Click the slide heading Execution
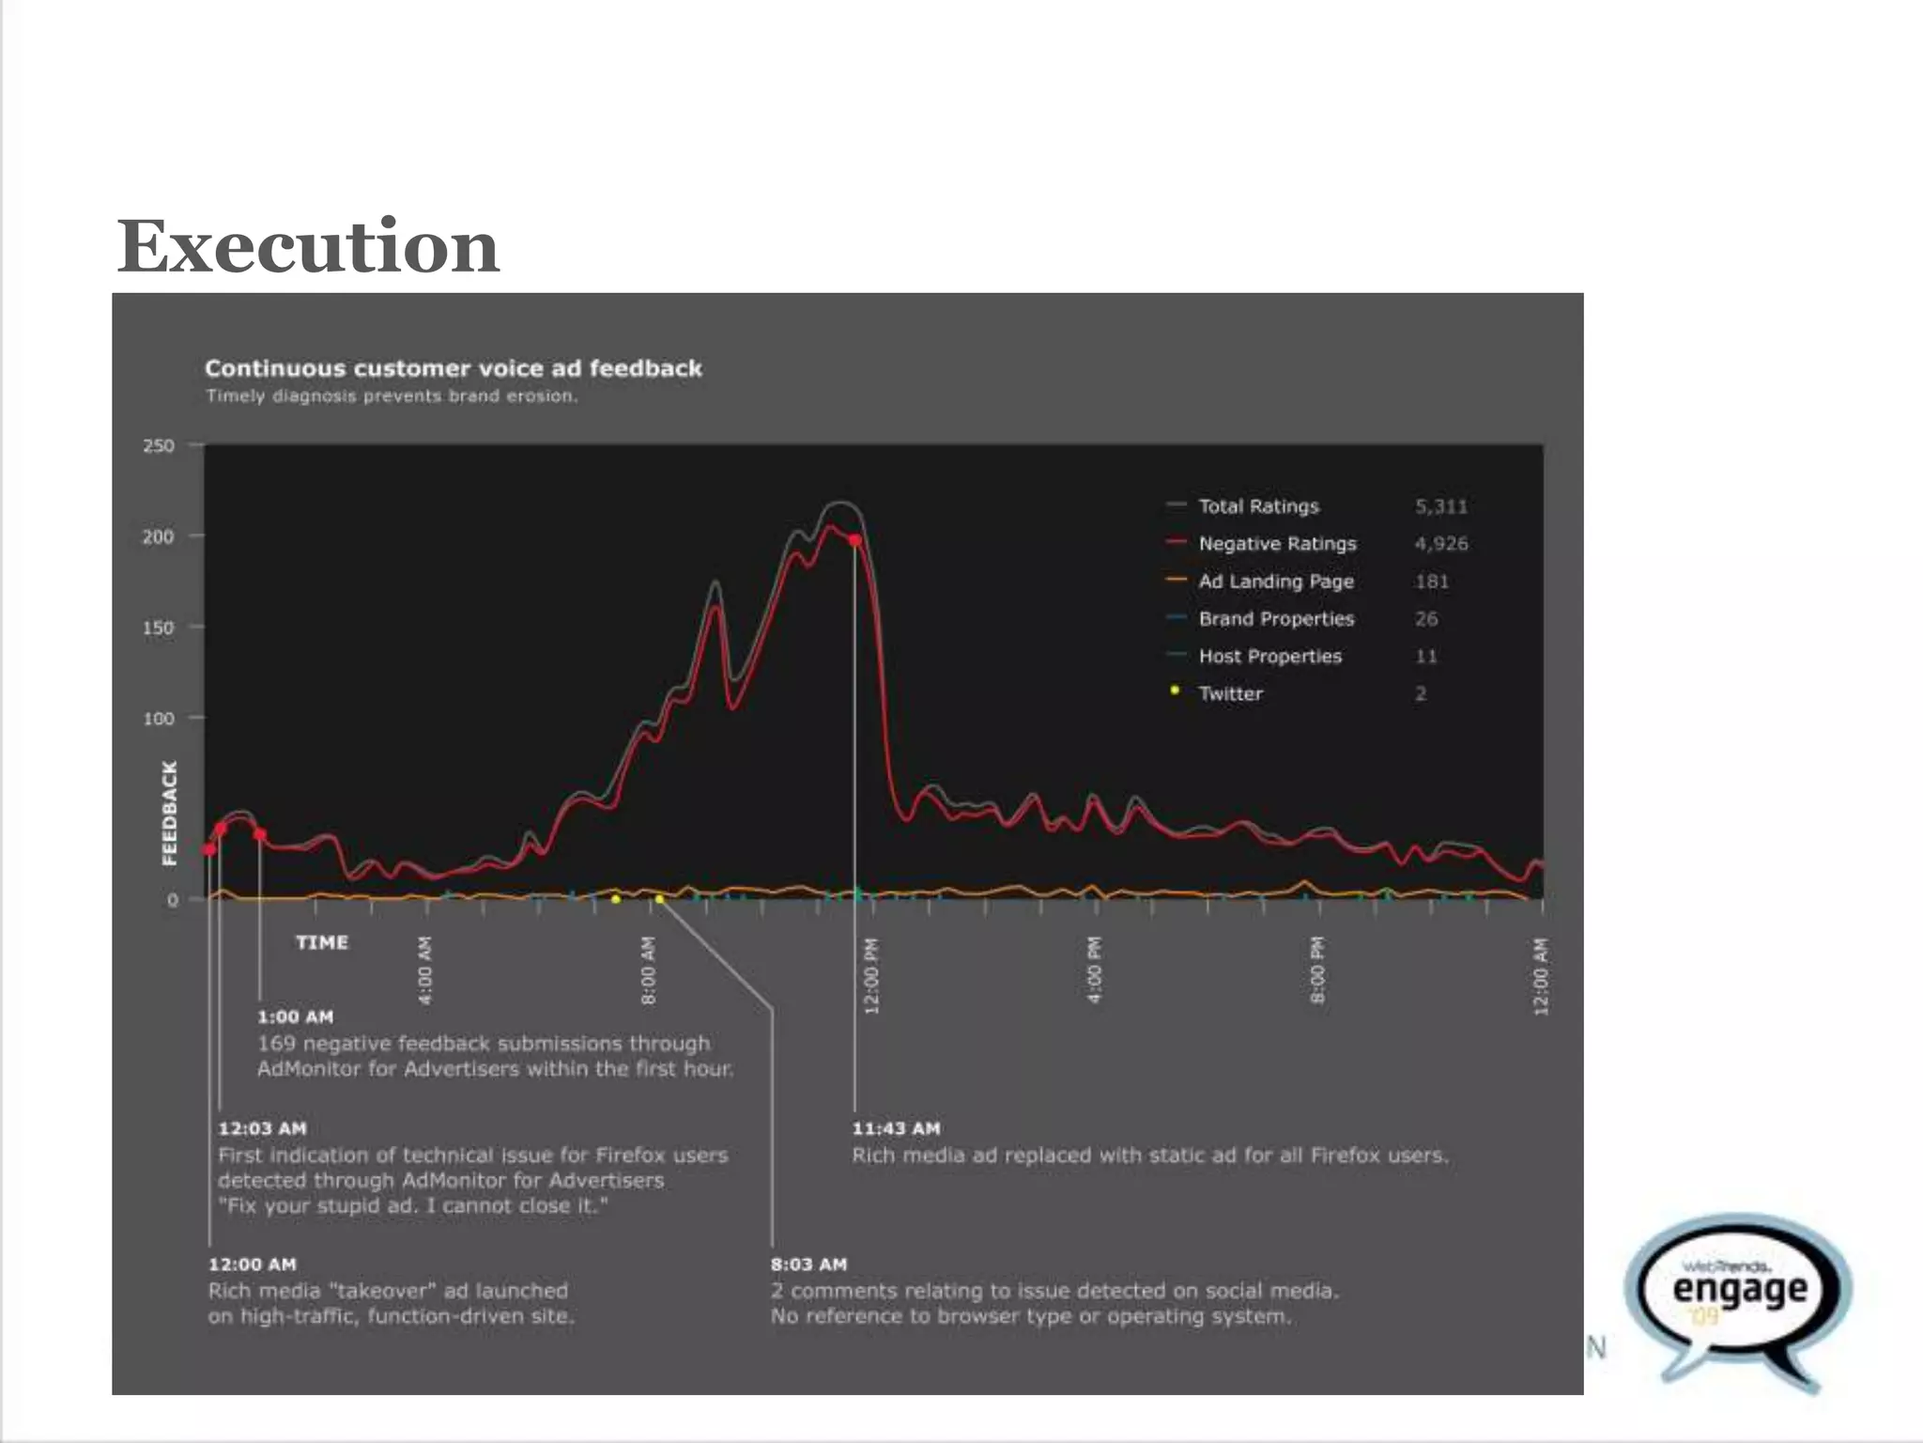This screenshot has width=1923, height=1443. pos(307,246)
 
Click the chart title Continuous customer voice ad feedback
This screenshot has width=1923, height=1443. pos(453,368)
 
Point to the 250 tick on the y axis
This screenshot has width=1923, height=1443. pos(159,445)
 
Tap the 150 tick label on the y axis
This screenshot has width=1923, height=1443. pos(159,628)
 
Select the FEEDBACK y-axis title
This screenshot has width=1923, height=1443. pos(169,813)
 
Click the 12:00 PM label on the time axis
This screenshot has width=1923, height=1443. pos(870,975)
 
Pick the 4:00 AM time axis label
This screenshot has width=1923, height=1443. pos(424,970)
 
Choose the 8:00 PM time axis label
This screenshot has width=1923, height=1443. pos(1317,970)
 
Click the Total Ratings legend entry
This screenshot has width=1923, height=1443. pos(1257,506)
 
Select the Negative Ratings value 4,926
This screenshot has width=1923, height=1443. pos(1440,544)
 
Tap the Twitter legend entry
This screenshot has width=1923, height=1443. pos(1229,693)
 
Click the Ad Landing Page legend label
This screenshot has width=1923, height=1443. pos(1275,582)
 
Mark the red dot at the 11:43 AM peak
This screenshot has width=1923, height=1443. pos(854,540)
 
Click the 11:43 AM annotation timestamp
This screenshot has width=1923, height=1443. pos(895,1128)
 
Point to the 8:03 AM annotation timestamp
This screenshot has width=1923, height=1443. pos(808,1265)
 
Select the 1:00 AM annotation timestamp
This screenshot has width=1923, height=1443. pos(295,1016)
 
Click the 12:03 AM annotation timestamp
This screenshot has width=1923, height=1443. pos(262,1128)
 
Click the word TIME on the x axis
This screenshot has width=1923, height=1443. pos(321,942)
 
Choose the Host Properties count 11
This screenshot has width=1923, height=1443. pos(1425,657)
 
